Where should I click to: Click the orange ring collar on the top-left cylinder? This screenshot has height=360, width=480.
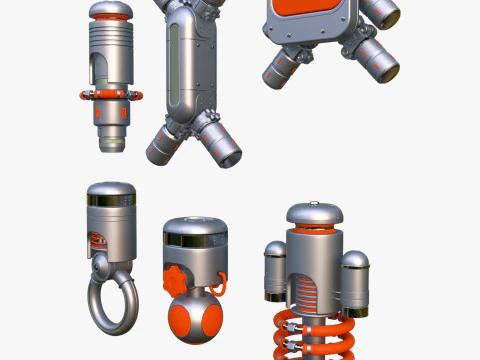tap(111, 95)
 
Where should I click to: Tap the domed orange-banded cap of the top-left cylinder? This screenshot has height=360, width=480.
tap(110, 13)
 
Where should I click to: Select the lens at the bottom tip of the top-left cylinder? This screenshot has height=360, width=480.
tap(112, 146)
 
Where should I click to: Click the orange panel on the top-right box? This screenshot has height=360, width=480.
tap(307, 16)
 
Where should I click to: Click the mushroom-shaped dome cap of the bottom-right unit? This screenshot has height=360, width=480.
tap(315, 214)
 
